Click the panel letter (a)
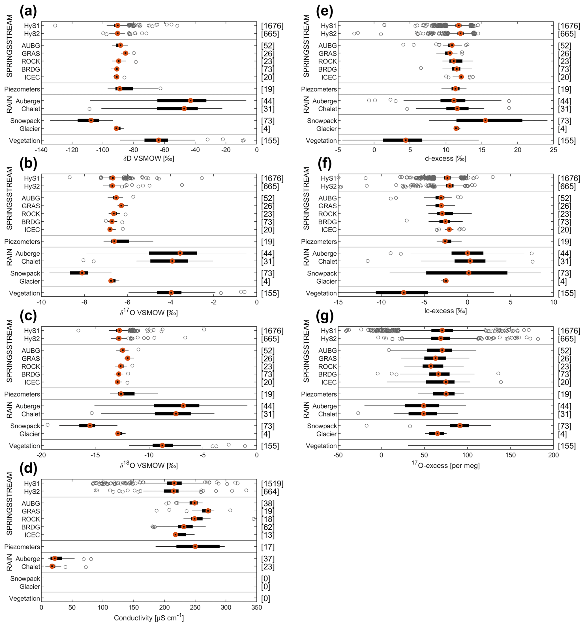28,11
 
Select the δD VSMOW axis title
149,158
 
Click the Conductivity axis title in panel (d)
149,618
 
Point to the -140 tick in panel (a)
41,150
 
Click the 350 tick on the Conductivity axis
256,607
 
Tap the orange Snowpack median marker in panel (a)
91,120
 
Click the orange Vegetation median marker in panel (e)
406,140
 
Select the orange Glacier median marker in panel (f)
445,281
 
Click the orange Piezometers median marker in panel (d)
195,546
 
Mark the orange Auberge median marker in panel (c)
183,406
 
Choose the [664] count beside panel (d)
270,491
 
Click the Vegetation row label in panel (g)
321,446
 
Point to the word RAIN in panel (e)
306,105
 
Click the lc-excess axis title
445,311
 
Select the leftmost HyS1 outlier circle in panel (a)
55,25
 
